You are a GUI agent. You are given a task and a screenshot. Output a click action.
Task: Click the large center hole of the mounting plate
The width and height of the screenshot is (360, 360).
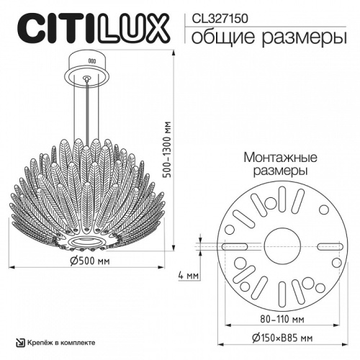tap(277, 245)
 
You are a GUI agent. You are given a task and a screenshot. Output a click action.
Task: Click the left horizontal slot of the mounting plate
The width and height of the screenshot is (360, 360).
tap(235, 246)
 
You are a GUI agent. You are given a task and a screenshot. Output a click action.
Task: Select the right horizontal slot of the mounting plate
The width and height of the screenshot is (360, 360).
tap(320, 246)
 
